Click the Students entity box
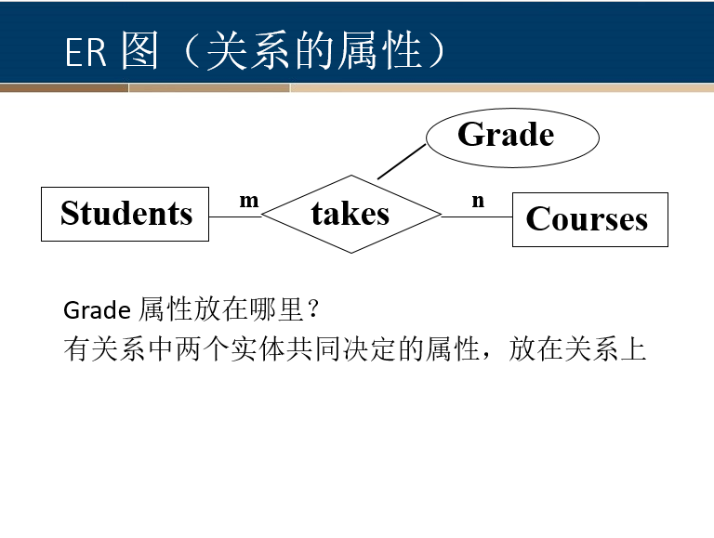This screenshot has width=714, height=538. pyautogui.click(x=126, y=214)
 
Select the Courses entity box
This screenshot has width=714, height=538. pyautogui.click(x=589, y=219)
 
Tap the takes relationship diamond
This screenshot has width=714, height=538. pyautogui.click(x=350, y=214)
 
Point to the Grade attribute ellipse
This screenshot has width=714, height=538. pyautogui.click(x=511, y=137)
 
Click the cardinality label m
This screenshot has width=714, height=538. pyautogui.click(x=248, y=200)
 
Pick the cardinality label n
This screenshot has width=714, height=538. pyautogui.click(x=478, y=200)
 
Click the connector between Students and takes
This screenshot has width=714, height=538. pyautogui.click(x=235, y=217)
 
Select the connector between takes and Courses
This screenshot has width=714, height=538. pyautogui.click(x=477, y=217)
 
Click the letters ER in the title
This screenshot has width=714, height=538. pyautogui.click(x=86, y=53)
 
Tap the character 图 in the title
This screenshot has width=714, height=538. pyautogui.click(x=139, y=52)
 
